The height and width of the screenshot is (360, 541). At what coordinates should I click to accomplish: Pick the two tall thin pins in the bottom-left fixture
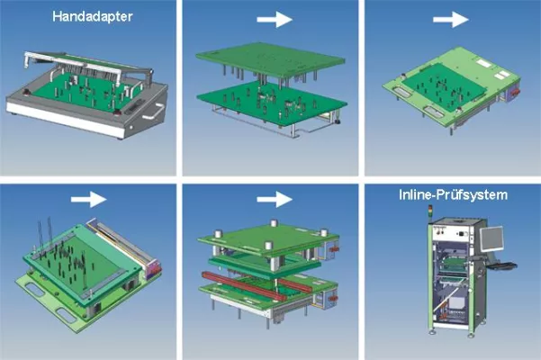point(40,233)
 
